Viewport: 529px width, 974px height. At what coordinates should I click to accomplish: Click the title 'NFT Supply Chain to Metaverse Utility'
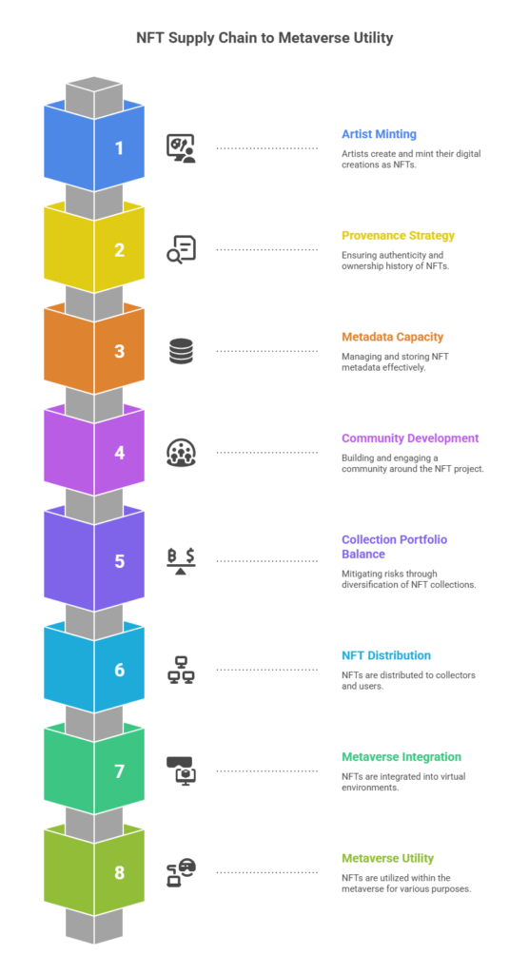click(264, 39)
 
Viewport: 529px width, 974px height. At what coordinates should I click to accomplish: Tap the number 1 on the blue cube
click(119, 148)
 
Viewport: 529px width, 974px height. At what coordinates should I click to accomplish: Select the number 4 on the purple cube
click(119, 453)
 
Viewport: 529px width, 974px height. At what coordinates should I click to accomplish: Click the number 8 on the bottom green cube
click(119, 872)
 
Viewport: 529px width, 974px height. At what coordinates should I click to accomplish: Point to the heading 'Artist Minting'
click(380, 133)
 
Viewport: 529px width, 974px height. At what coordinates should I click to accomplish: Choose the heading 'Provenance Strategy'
click(398, 235)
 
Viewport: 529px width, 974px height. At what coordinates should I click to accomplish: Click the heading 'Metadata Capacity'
click(392, 337)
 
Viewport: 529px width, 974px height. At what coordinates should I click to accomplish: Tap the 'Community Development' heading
click(410, 438)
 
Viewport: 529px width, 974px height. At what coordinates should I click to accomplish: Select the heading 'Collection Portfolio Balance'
click(394, 546)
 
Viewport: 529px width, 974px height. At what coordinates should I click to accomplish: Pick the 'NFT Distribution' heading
click(386, 655)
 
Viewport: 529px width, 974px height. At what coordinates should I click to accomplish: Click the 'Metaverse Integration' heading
click(402, 757)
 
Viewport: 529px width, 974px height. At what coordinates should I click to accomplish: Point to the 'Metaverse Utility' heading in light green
click(387, 859)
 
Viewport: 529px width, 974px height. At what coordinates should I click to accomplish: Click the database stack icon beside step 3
click(181, 351)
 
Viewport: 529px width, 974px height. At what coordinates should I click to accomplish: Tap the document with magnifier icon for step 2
click(181, 249)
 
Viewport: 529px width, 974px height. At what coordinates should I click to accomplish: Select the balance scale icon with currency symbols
click(181, 561)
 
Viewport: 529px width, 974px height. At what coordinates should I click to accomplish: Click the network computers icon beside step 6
click(181, 670)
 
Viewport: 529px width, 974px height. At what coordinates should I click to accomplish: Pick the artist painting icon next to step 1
click(181, 147)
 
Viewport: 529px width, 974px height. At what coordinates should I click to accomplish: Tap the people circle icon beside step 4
click(181, 453)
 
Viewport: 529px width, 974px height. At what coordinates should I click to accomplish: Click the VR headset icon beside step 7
click(181, 770)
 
